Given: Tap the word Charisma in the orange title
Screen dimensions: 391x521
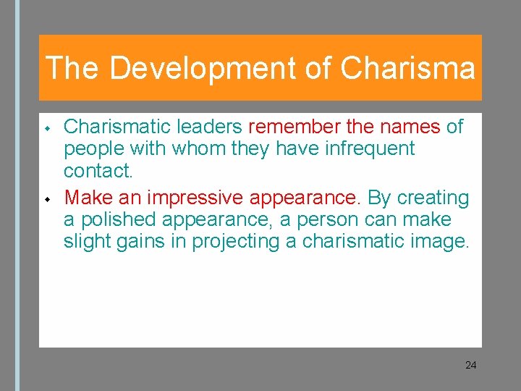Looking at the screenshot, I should [407, 69].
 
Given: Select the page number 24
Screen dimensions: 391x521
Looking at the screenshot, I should [470, 365].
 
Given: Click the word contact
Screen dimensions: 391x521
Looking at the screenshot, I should [98, 171].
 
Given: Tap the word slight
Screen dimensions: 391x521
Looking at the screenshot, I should [85, 241].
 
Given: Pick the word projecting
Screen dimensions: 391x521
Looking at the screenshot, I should [236, 241].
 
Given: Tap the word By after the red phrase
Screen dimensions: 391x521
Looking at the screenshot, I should [378, 198].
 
